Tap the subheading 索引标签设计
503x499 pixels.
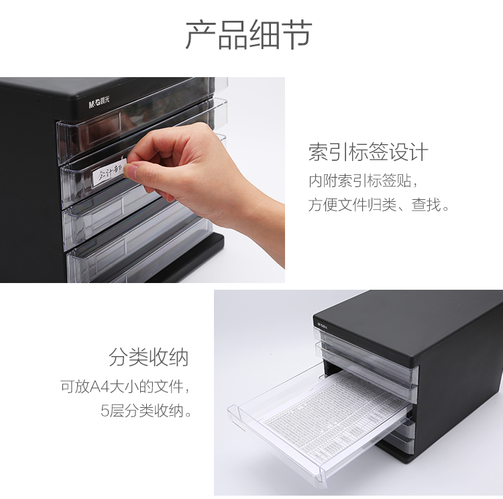pyautogui.click(x=368, y=152)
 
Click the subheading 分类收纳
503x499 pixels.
pyautogui.click(x=149, y=357)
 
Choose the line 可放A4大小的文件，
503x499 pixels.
pyautogui.click(x=125, y=387)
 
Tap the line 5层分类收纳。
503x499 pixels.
pyautogui.click(x=147, y=410)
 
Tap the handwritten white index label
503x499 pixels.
pyautogui.click(x=109, y=173)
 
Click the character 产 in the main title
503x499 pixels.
pyautogui.click(x=201, y=36)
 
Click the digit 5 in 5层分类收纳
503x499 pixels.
pyautogui.click(x=105, y=410)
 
